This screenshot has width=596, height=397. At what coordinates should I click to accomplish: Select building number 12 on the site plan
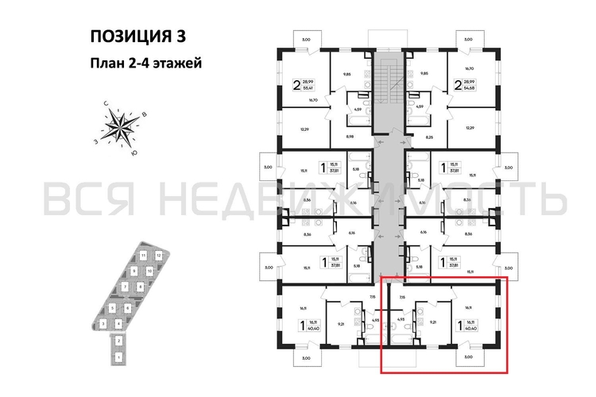tap(159, 255)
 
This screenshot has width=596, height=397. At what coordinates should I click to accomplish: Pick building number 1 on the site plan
tap(118, 357)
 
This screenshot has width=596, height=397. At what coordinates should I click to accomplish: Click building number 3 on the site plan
tap(103, 323)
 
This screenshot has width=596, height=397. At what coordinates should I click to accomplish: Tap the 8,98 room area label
tap(349, 137)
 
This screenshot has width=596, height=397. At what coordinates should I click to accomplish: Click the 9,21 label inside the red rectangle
tap(434, 323)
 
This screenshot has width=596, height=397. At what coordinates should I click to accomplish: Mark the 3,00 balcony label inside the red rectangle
tap(467, 357)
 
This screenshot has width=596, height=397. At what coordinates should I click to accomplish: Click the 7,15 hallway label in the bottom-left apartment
tap(371, 297)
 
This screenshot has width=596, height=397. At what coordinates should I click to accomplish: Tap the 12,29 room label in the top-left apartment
tap(304, 128)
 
